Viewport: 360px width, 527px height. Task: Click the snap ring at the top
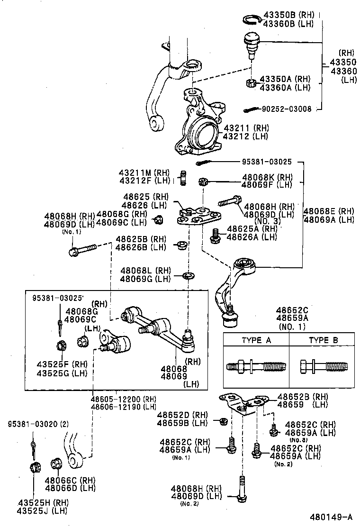tap(252, 19)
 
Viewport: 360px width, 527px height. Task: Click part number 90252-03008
tap(287, 109)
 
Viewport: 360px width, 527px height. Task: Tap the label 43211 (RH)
tap(246, 128)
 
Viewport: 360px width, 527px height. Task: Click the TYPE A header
tap(256, 340)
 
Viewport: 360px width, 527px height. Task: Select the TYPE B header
tap(323, 340)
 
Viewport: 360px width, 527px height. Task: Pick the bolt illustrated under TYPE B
tap(324, 366)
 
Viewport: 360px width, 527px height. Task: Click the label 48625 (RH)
tap(145, 197)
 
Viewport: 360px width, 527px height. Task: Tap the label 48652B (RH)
tap(303, 397)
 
